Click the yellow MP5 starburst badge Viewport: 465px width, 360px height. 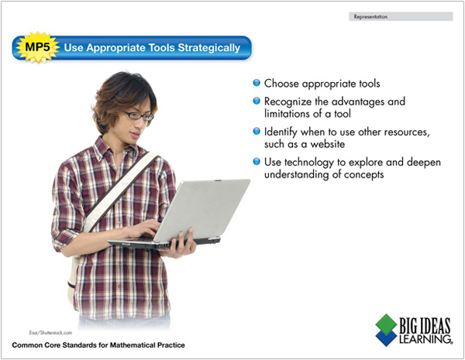[37, 47]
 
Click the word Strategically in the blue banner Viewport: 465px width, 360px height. [208, 48]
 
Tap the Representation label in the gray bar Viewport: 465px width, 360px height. [370, 17]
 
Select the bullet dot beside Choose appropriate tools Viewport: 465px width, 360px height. [257, 83]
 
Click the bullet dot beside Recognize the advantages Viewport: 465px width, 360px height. [257, 101]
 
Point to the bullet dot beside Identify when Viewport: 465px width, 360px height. [257, 131]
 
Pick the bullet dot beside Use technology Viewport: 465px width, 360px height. [257, 162]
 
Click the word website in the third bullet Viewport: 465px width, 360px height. [327, 144]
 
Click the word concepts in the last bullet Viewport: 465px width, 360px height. [364, 175]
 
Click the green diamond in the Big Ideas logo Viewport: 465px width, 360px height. [386, 324]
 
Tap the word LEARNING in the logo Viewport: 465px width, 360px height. [425, 339]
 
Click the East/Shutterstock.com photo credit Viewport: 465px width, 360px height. [50, 333]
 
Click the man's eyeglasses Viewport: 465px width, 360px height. [139, 115]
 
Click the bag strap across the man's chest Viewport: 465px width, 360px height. [121, 191]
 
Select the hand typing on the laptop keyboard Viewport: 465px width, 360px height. [145, 229]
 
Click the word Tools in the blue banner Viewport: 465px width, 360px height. [161, 48]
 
